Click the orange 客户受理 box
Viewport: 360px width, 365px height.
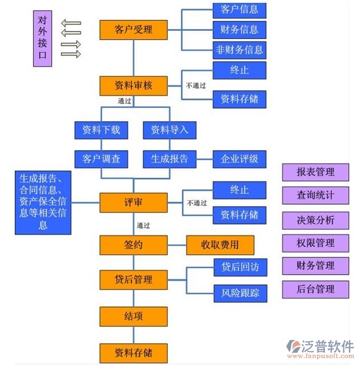click(134, 30)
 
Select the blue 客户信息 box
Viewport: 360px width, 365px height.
click(239, 10)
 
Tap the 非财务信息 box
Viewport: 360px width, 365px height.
click(239, 49)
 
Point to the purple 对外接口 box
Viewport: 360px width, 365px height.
click(42, 38)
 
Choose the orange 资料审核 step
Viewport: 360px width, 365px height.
click(134, 86)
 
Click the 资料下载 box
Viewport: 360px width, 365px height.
click(101, 130)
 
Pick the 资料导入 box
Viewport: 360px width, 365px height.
click(169, 130)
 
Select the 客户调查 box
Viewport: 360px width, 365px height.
click(101, 159)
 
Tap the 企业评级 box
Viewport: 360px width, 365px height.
click(239, 159)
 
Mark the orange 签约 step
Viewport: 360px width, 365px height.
click(134, 246)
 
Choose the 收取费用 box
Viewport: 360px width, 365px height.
click(220, 246)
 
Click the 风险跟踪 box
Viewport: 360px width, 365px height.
click(239, 293)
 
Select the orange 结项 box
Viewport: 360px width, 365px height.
click(134, 316)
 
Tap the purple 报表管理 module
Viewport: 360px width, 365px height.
click(316, 172)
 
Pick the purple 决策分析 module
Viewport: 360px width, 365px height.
click(316, 220)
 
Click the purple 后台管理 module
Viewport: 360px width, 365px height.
click(316, 289)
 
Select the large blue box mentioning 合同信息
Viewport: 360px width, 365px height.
click(43, 201)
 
